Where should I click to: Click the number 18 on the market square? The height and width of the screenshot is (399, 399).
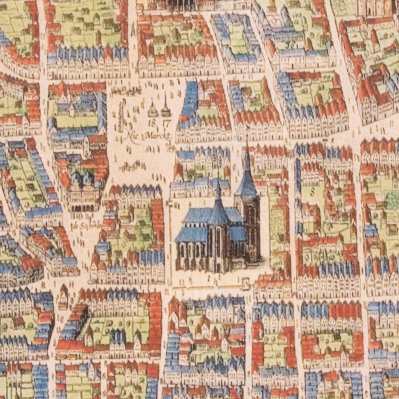pyautogui.click(x=152, y=123)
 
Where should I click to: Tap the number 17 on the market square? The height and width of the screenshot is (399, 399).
pyautogui.click(x=166, y=123)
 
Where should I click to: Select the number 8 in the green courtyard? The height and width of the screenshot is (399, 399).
pyautogui.click(x=313, y=190)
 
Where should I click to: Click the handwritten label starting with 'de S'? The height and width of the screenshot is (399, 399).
pyautogui.click(x=80, y=227)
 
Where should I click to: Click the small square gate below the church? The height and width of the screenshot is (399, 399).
pyautogui.click(x=245, y=282)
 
